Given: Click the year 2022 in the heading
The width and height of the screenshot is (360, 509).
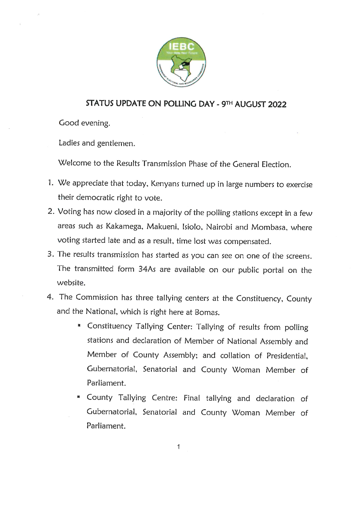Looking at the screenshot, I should (276, 104).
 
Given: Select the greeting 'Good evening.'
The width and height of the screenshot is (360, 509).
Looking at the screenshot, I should (84, 123).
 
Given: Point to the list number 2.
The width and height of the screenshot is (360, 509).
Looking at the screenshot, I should (51, 211).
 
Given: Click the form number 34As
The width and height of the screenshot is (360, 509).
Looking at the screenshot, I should (147, 269).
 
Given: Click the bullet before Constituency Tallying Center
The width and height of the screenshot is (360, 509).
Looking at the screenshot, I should (79, 326).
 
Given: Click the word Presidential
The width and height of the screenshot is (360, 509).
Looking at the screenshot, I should (287, 356).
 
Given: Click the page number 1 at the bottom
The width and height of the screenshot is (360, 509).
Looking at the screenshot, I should (179, 447).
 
